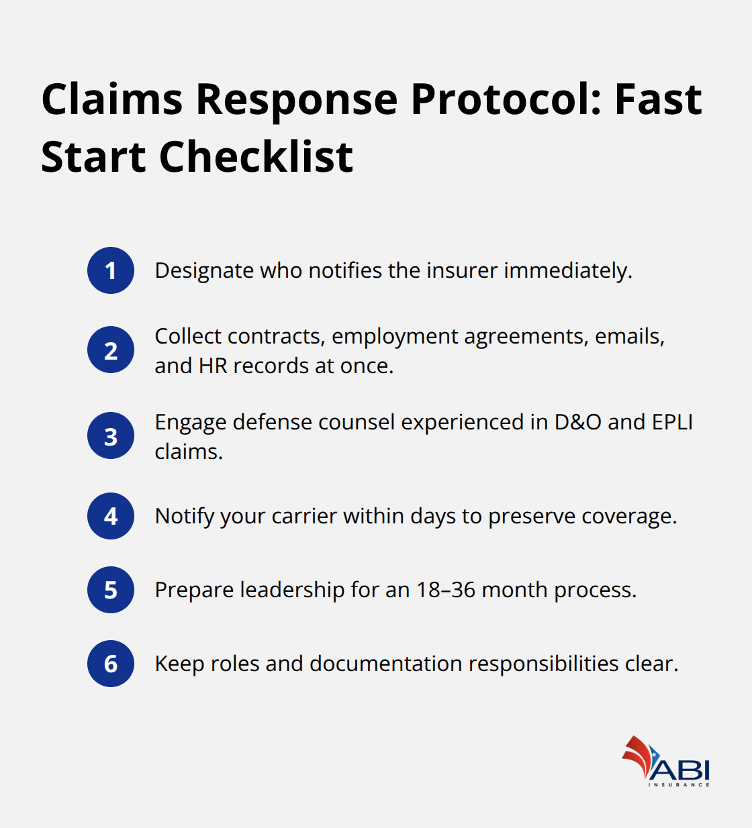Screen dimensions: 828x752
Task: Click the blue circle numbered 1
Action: (111, 270)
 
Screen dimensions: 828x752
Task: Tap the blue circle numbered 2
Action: (111, 350)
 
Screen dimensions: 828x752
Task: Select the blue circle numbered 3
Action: (111, 435)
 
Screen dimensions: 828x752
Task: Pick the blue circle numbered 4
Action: (111, 516)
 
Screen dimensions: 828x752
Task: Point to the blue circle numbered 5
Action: (111, 590)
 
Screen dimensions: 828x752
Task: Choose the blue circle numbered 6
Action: (111, 664)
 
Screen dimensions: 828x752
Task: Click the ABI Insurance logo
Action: (666, 762)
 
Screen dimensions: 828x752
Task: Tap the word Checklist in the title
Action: (256, 158)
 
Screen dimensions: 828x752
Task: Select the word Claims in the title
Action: (112, 100)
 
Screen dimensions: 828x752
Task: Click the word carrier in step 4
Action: (304, 516)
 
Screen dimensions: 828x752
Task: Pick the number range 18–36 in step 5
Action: (446, 590)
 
